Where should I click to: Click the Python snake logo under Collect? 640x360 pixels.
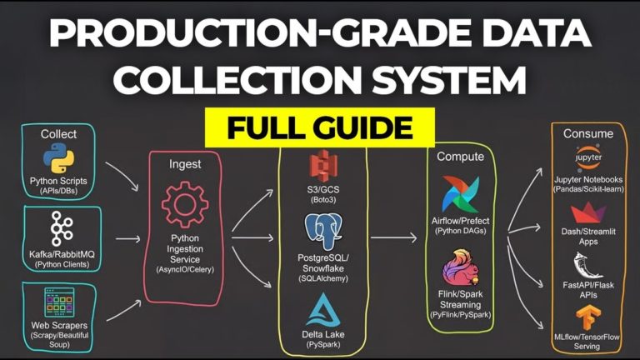59,159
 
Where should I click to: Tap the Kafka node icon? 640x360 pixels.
62,228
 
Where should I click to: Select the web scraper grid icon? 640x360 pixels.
59,302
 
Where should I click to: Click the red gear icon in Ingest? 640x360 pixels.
185,204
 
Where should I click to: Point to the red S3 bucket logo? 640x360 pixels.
323,166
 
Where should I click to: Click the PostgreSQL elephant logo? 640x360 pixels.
323,232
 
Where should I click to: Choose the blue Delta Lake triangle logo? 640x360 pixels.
323,310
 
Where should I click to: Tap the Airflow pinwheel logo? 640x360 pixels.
460,194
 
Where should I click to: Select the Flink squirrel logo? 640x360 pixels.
460,268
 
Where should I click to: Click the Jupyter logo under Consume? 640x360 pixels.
588,157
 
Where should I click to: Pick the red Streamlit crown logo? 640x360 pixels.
588,213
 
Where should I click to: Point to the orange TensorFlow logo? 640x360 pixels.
587,318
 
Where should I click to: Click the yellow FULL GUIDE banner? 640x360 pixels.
320,127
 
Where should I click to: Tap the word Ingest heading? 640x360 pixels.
185,164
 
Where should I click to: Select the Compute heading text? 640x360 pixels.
460,157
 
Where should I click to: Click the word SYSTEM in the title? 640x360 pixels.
449,80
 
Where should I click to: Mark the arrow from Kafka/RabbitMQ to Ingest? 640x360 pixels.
127,239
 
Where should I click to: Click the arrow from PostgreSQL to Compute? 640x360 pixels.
393,237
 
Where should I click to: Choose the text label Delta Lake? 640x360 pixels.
323,334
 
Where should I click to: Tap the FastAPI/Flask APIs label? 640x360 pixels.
588,290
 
